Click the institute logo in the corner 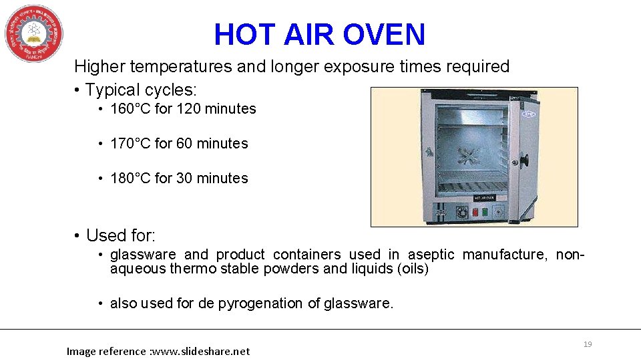tap(34, 33)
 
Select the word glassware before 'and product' tap(143, 255)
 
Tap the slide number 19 tap(588, 344)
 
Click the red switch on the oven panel tap(475, 212)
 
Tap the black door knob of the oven tap(525, 160)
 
